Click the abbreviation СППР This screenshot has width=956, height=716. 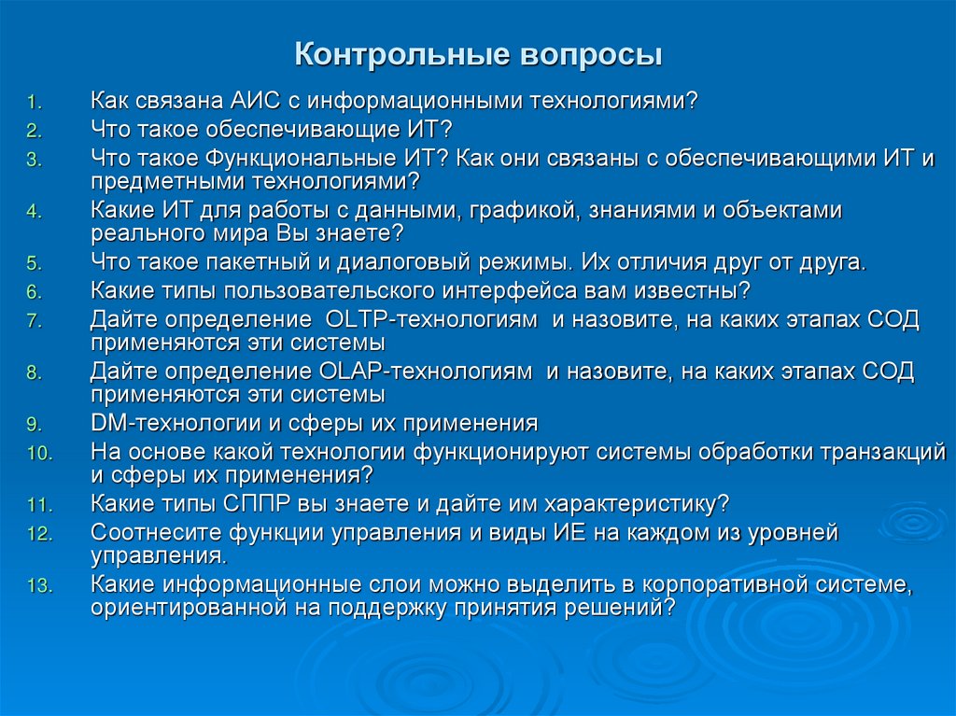[x=259, y=503]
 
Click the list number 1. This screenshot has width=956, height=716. [x=33, y=101]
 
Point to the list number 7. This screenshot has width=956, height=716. [x=33, y=321]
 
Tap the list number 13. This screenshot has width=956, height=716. [x=38, y=586]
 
